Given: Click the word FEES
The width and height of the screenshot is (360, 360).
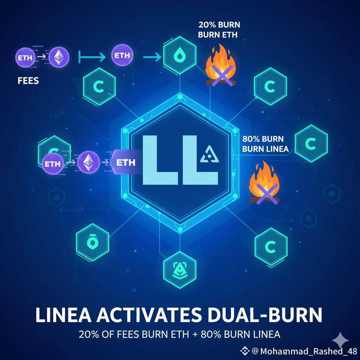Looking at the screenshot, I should click(x=28, y=81).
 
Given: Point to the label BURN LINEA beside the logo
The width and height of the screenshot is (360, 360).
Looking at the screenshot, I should click(x=265, y=149).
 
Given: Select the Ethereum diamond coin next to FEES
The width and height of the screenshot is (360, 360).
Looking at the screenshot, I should click(x=59, y=57).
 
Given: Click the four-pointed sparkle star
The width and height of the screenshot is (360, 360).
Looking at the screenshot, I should click(x=341, y=340).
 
